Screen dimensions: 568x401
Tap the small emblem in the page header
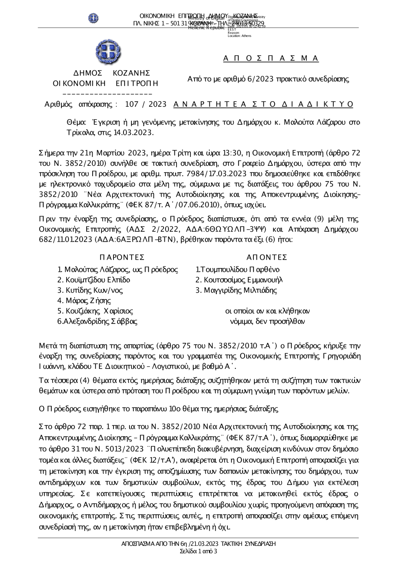click(x=93, y=18)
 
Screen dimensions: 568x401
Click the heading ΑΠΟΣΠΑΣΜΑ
click(x=271, y=58)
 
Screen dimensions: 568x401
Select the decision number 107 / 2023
click(x=146, y=104)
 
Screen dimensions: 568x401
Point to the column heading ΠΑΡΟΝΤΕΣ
click(x=122, y=257)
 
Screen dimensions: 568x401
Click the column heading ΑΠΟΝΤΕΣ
click(x=267, y=257)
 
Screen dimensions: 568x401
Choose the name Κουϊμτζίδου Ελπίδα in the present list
click(x=94, y=280)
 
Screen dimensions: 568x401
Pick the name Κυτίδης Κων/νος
click(x=90, y=290)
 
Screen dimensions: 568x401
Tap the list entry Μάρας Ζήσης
click(x=84, y=301)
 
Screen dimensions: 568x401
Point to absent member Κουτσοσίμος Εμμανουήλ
click(x=239, y=280)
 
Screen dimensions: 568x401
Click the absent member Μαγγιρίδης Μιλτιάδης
click(x=236, y=290)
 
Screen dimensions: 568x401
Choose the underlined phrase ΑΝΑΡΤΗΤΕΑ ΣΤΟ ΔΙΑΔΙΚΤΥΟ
click(x=263, y=104)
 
